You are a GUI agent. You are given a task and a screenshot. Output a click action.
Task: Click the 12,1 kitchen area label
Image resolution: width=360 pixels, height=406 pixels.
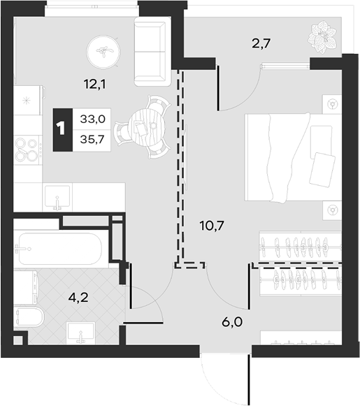tap(95, 84)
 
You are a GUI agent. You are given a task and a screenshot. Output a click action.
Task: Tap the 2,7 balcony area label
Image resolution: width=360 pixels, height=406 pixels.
tap(261, 43)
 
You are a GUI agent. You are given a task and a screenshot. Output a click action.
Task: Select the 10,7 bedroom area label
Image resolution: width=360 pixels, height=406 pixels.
tap(212, 226)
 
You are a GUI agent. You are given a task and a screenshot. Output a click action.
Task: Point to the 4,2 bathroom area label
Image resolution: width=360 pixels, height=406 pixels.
tap(78, 298)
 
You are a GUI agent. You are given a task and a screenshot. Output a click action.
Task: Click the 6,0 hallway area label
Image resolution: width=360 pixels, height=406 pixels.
tap(232, 322)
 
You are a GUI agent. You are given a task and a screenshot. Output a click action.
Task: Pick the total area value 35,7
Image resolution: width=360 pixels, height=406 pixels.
tap(92, 140)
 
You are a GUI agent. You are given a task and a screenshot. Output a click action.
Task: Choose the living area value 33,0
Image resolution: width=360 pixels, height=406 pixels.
tap(92, 119)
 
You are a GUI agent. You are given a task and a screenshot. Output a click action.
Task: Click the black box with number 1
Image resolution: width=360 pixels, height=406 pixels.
tap(63, 130)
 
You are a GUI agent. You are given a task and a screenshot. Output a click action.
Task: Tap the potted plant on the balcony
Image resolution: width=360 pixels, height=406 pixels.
tap(323, 38)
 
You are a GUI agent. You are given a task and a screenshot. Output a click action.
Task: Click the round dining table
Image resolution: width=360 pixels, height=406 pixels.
tap(147, 127)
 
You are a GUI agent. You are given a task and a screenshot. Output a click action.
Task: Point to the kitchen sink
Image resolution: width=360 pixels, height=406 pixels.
tap(57, 197)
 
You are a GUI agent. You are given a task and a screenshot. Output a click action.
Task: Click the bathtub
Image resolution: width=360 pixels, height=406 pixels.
tap(60, 248)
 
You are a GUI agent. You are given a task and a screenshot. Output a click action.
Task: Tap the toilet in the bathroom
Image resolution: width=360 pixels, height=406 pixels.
tap(29, 317)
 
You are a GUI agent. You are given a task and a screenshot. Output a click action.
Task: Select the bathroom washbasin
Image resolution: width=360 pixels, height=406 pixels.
tap(80, 333)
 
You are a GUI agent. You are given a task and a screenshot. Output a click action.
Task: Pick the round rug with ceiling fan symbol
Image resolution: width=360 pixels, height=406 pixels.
tap(103, 52)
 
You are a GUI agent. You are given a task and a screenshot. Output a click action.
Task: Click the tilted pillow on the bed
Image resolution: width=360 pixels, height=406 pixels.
tap(322, 168)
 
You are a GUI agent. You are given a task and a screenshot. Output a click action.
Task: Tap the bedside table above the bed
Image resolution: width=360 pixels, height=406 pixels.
tap(332, 104)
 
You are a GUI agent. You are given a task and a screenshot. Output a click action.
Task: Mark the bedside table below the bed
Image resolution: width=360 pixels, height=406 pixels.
tap(332, 210)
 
